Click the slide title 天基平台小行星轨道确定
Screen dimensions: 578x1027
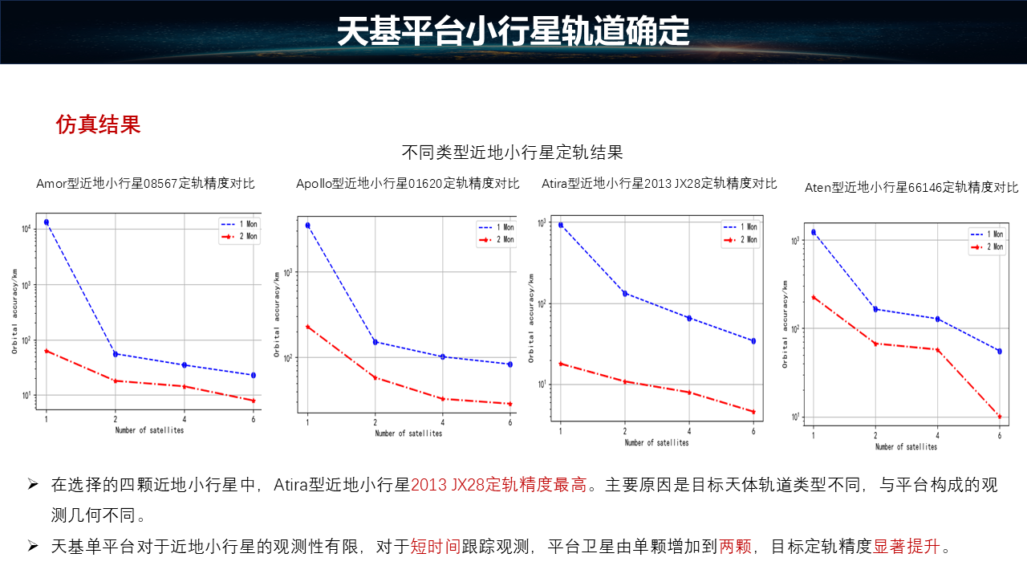click(513, 32)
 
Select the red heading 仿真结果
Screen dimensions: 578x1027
click(98, 124)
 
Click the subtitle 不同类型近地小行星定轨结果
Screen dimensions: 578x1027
click(512, 152)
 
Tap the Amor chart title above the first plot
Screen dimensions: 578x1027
click(145, 183)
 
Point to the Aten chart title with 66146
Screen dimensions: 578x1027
click(911, 187)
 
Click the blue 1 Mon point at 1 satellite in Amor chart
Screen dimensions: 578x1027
click(47, 222)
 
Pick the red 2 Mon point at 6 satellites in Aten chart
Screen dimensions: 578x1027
click(999, 417)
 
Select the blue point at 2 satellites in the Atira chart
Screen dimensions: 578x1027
click(625, 293)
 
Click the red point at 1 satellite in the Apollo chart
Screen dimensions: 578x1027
click(308, 327)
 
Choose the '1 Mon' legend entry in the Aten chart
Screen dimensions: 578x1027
click(986, 234)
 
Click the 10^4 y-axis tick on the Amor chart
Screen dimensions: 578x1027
click(26, 230)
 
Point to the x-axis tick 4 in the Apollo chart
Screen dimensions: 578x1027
click(443, 422)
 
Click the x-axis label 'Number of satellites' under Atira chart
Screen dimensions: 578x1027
click(656, 442)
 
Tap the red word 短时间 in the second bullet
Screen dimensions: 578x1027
click(435, 547)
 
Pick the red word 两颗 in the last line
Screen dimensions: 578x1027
click(735, 547)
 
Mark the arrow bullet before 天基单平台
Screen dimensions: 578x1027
click(33, 546)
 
